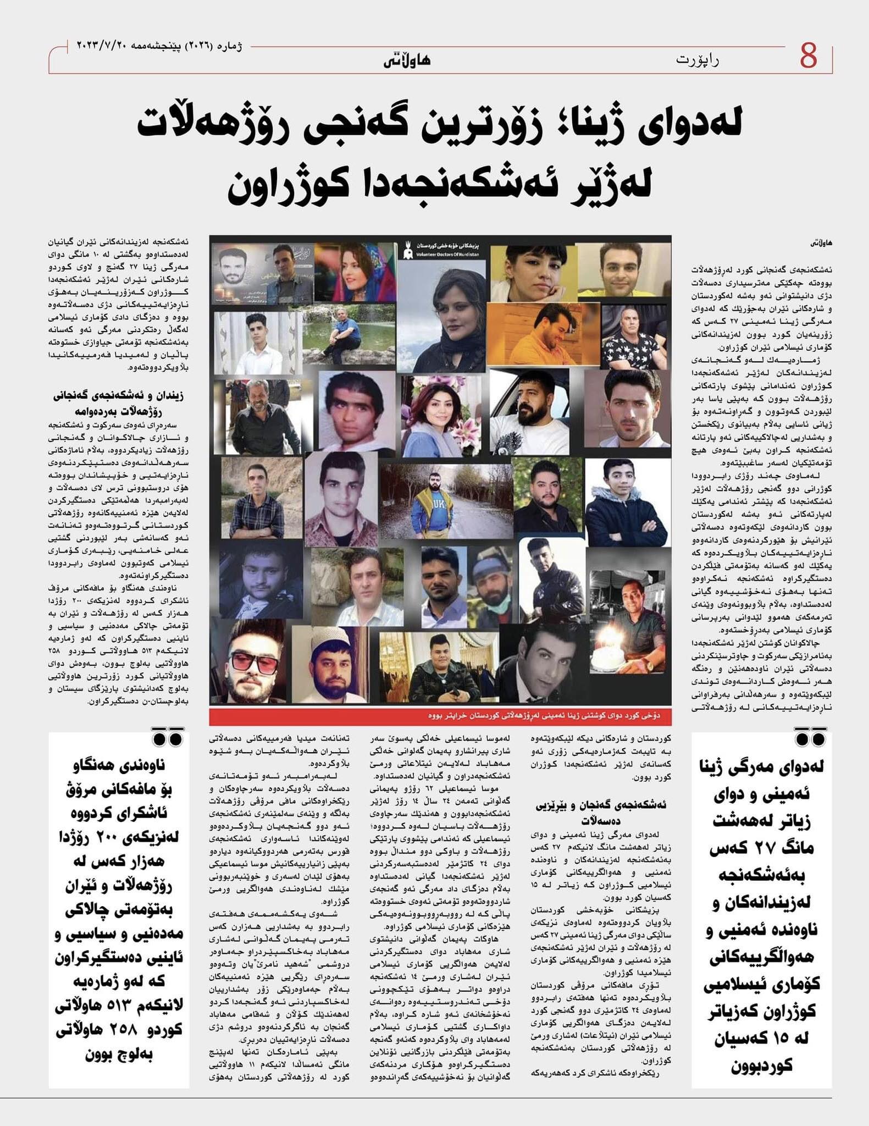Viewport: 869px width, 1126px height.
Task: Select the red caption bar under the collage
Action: (440, 716)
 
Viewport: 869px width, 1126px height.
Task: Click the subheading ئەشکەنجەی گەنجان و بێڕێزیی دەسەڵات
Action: (600, 811)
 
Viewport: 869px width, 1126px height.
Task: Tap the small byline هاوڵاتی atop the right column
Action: (822, 242)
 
